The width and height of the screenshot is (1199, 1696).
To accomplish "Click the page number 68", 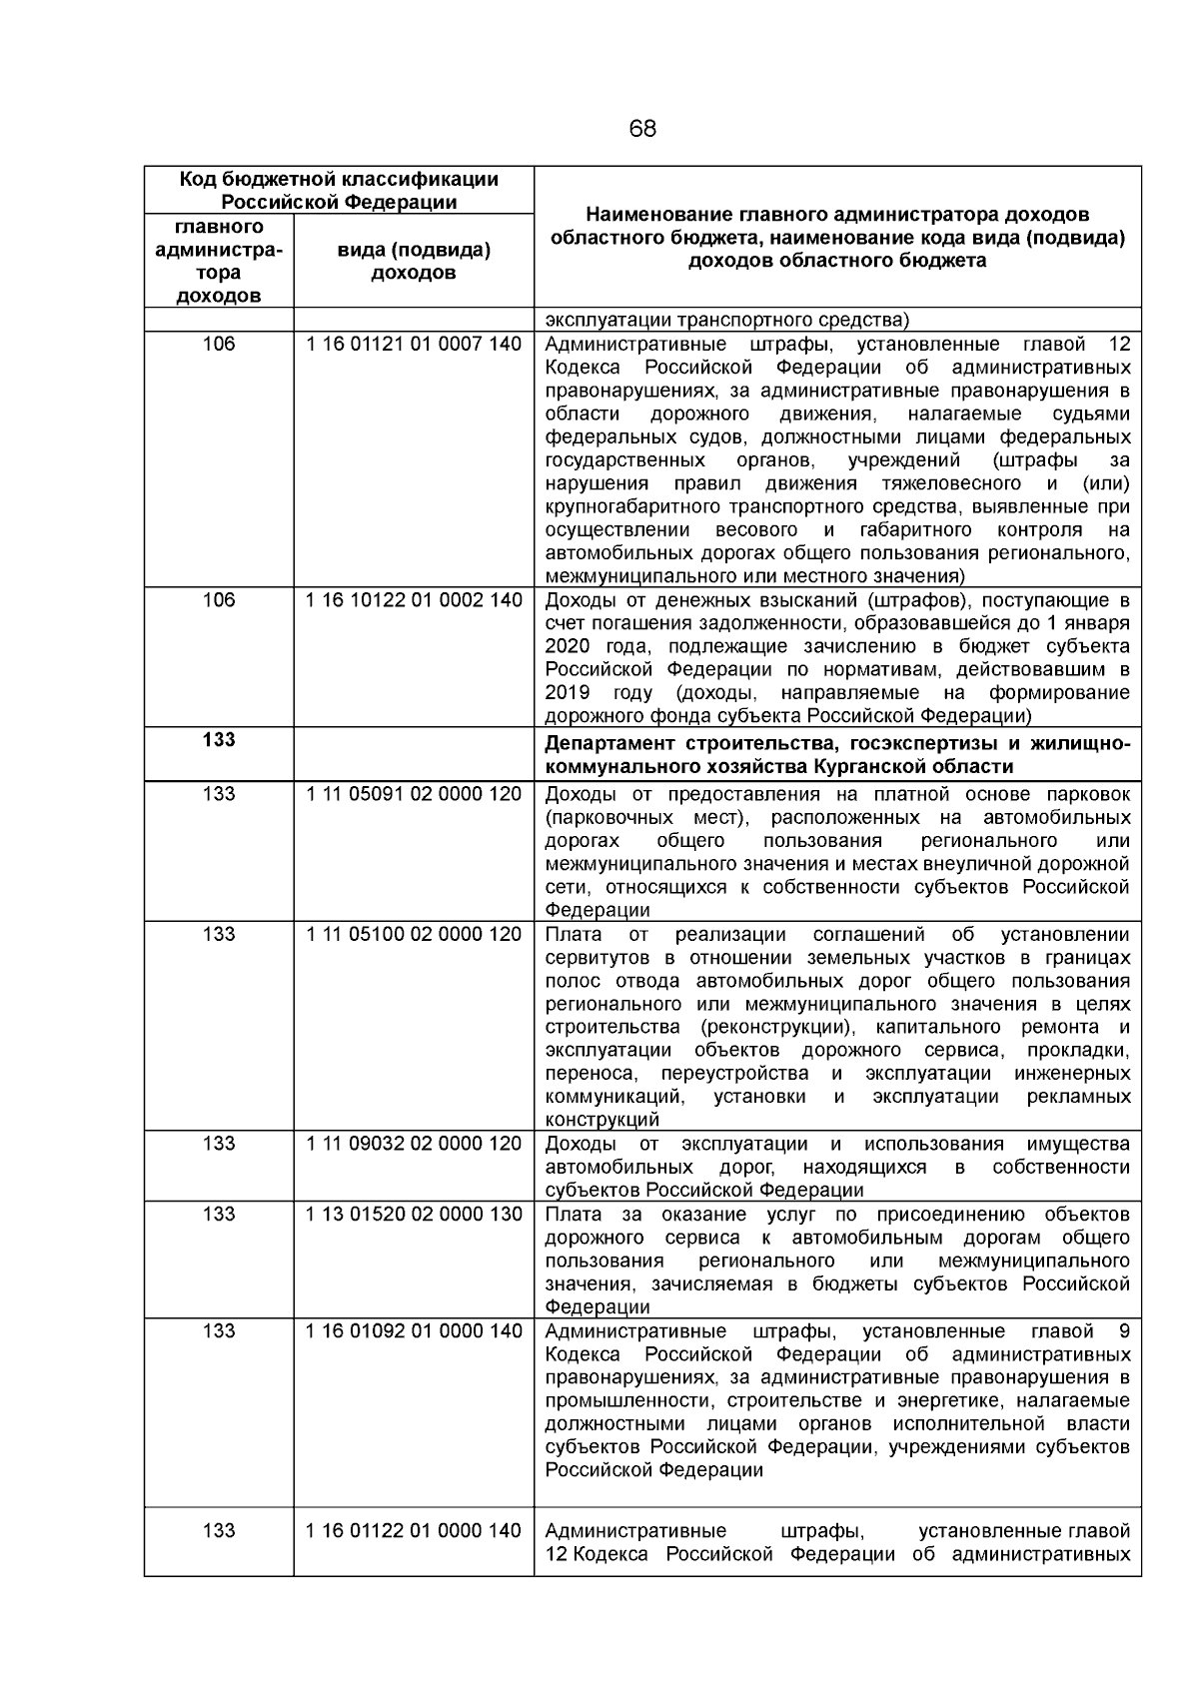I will [x=642, y=129].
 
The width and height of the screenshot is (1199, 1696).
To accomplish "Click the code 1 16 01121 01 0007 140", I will [x=414, y=345].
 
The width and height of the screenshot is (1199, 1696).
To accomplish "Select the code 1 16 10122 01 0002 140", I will [x=414, y=600].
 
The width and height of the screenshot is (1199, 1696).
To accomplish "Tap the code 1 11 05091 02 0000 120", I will [x=414, y=794].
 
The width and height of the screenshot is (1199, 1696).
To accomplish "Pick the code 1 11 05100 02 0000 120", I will [x=414, y=935].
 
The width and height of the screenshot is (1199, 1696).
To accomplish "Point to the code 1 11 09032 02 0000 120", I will [x=414, y=1144].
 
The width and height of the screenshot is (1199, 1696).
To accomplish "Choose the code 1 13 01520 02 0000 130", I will [x=414, y=1215].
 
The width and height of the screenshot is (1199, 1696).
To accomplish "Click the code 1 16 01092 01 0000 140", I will [x=414, y=1331].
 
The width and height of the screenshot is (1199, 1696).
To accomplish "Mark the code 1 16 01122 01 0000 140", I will [x=414, y=1531].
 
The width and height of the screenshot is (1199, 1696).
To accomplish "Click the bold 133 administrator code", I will [x=219, y=740].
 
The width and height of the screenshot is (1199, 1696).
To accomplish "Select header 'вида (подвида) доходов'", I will [x=414, y=262].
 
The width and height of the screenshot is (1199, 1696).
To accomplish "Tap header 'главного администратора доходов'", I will [x=219, y=262].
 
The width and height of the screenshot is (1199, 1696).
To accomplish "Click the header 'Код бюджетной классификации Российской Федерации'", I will [x=339, y=191].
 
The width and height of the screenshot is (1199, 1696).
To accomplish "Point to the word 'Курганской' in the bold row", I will [x=869, y=767].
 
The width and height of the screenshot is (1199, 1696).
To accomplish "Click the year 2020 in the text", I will [x=567, y=646].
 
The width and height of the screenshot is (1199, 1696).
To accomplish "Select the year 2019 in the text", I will [x=567, y=693].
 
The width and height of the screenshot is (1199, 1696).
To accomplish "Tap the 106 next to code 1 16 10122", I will [x=219, y=600].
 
